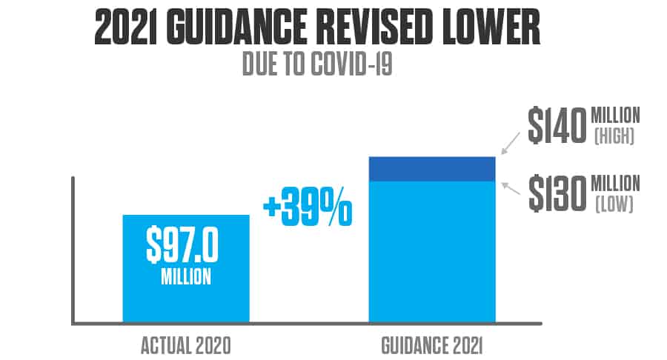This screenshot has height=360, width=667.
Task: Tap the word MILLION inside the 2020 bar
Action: (186, 279)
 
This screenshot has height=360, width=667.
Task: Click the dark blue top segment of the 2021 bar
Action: (431, 169)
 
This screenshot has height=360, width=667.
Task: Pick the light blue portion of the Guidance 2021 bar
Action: (431, 252)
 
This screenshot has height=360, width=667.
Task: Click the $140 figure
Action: (557, 127)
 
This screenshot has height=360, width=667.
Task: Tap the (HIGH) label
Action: (615, 137)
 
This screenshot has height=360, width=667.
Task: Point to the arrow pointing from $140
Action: (511, 143)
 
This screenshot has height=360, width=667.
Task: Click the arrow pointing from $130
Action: (511, 188)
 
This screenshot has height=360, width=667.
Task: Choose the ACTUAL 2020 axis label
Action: (185, 345)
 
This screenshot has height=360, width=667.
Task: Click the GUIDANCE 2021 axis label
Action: (431, 345)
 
